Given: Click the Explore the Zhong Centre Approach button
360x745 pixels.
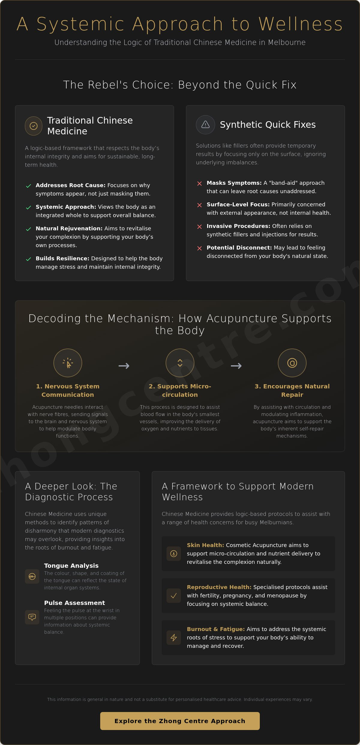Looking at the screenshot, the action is click(180, 721).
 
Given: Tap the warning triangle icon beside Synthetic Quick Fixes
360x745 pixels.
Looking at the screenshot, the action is click(205, 124).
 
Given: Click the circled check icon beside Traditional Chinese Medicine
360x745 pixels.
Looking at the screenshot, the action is click(34, 126).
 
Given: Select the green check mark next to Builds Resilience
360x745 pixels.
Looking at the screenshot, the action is click(28, 259).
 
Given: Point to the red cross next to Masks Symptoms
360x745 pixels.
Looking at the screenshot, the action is click(199, 183).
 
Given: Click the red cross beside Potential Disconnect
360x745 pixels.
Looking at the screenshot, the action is click(199, 248).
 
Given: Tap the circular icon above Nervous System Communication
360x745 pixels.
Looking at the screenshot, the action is click(68, 363).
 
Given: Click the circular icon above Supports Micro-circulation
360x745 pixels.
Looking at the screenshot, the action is click(180, 363).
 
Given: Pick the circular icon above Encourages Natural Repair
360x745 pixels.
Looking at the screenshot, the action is click(292, 363).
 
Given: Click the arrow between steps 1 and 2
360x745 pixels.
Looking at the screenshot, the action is click(124, 366).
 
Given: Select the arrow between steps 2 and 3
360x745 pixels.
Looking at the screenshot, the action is click(236, 366).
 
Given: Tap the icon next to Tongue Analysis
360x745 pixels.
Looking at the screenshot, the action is click(32, 576).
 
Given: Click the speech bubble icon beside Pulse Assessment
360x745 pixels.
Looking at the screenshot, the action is click(32, 617).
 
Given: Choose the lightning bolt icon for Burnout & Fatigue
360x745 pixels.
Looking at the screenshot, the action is click(174, 638).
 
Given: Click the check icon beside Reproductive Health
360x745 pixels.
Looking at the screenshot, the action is click(174, 596).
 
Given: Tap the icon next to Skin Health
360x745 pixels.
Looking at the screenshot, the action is click(174, 554).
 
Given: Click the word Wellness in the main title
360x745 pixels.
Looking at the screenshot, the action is click(301, 24).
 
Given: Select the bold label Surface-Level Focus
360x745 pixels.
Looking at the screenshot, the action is click(238, 205).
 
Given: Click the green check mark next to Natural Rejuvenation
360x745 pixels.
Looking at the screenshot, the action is click(28, 229).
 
